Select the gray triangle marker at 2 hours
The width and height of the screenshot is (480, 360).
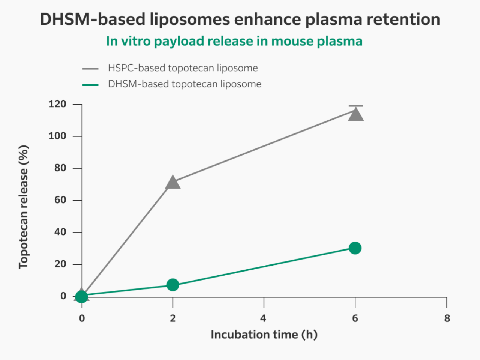pyautogui.click(x=172, y=183)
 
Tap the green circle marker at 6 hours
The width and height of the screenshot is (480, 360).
pyautogui.click(x=355, y=248)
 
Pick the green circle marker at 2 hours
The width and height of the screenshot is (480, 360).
pyautogui.click(x=172, y=285)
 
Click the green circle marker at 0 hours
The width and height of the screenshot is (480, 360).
pyautogui.click(x=82, y=297)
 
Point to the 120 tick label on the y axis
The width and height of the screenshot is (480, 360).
pyautogui.click(x=57, y=104)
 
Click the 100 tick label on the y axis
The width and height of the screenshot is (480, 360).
pyautogui.click(x=57, y=136)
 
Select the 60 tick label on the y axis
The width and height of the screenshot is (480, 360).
pyautogui.click(x=60, y=200)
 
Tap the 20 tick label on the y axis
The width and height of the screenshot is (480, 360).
pyautogui.click(x=60, y=264)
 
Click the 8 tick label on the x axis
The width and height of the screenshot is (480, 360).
pyautogui.click(x=447, y=318)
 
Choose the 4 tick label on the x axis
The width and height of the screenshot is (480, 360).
pyautogui.click(x=264, y=318)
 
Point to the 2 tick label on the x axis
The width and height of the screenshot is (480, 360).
pyautogui.click(x=172, y=318)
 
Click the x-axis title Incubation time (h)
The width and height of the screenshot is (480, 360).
pyautogui.click(x=264, y=334)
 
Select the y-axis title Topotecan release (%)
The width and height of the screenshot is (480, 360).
pyautogui.click(x=24, y=207)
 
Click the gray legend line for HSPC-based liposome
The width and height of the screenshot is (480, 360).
pyautogui.click(x=90, y=69)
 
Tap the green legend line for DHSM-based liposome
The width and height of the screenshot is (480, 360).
pyautogui.click(x=90, y=85)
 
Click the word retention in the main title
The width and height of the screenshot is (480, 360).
pyautogui.click(x=403, y=19)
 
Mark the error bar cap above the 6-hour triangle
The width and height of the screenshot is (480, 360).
pyautogui.click(x=355, y=106)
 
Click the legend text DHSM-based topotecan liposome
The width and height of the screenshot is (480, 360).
pyautogui.click(x=184, y=84)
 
